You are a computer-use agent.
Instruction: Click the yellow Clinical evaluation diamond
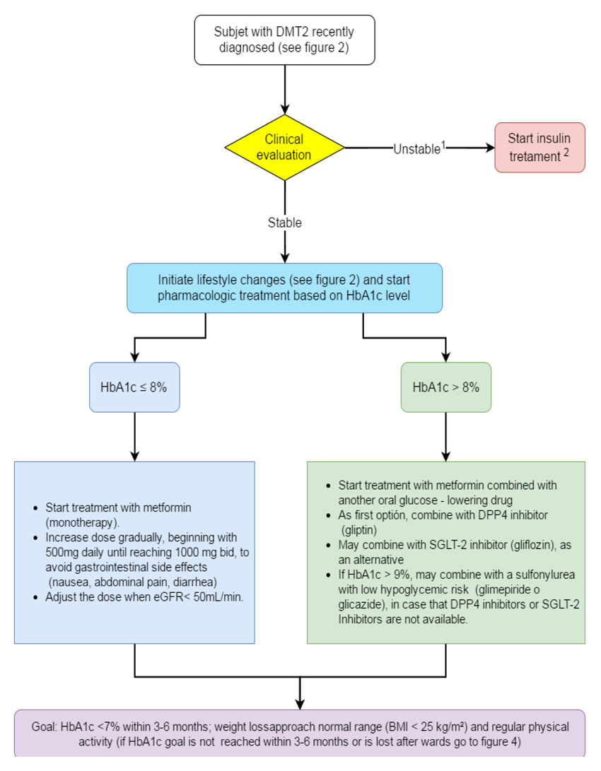tap(284, 148)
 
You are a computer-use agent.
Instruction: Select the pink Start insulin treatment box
tap(539, 148)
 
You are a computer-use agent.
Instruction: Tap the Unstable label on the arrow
tap(417, 149)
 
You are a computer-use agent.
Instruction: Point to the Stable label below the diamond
tap(285, 223)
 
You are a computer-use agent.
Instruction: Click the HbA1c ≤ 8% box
tap(134, 387)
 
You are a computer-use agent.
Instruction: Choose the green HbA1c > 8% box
tap(445, 387)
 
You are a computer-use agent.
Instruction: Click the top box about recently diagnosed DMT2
tap(284, 40)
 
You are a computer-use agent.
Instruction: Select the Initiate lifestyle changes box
tap(284, 288)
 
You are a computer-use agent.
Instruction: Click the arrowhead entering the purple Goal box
tap(300, 704)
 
